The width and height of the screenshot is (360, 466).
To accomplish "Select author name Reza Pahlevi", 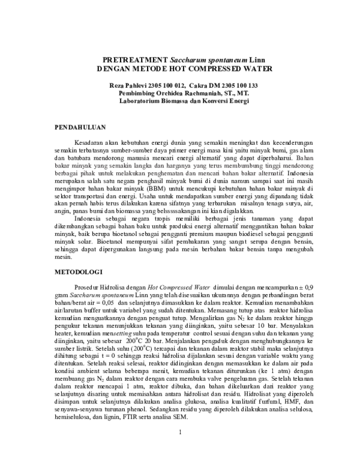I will (x=129, y=86).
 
